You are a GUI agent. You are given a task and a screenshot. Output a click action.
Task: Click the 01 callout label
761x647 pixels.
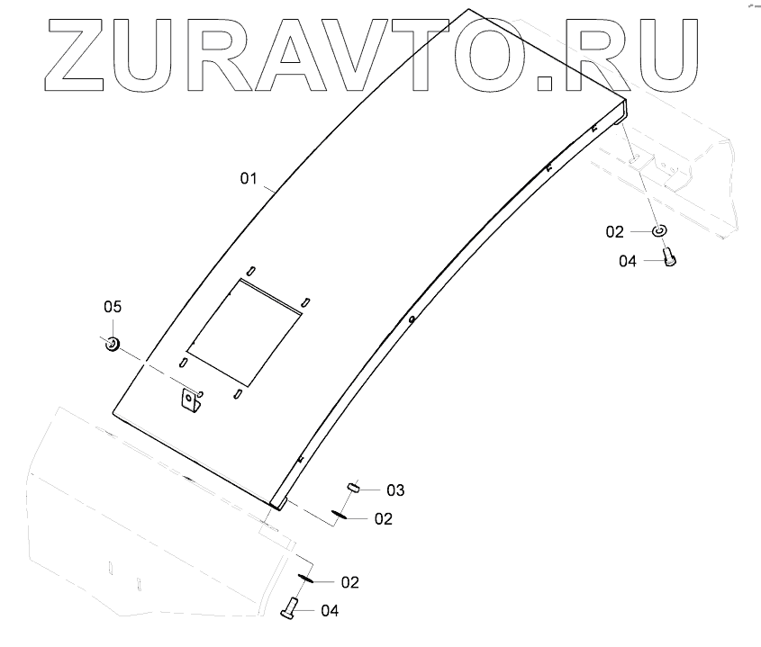(x=249, y=179)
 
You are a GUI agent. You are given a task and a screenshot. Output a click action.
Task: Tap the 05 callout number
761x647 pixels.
(x=112, y=307)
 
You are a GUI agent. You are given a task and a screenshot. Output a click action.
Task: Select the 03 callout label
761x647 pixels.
(x=395, y=490)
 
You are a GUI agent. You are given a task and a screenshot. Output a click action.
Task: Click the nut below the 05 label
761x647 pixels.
(x=113, y=343)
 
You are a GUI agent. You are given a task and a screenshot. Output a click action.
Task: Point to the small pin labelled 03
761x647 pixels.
(x=353, y=487)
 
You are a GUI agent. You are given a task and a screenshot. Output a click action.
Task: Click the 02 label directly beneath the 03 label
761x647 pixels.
(x=383, y=518)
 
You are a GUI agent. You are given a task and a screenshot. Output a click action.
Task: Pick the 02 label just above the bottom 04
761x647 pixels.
(x=349, y=582)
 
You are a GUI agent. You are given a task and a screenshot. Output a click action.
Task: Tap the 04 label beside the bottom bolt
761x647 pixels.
(x=330, y=611)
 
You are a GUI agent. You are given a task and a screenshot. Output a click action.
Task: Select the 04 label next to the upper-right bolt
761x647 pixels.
(x=628, y=261)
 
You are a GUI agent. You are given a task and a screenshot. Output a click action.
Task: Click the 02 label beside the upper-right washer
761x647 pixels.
(x=614, y=232)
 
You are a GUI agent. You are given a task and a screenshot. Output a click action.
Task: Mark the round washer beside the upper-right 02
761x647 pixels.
(x=660, y=231)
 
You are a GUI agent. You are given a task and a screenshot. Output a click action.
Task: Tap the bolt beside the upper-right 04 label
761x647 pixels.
(x=669, y=258)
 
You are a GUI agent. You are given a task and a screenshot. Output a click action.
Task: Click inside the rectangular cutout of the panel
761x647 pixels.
(x=243, y=328)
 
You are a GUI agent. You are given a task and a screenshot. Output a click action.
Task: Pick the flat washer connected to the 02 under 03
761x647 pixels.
(x=340, y=515)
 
